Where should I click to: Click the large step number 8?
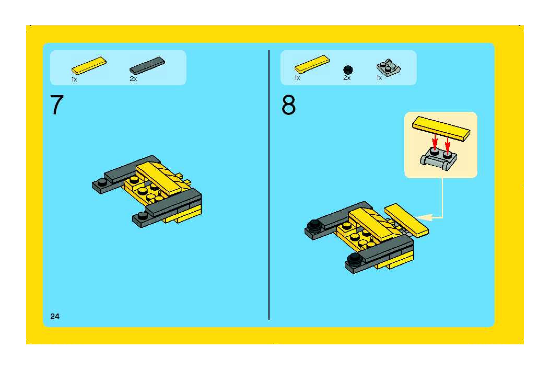click(x=289, y=105)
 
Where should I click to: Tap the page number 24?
click(x=55, y=316)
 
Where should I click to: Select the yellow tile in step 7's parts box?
click(x=89, y=66)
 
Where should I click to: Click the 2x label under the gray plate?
click(x=133, y=79)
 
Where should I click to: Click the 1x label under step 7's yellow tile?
click(x=74, y=79)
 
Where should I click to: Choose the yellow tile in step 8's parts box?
click(x=312, y=64)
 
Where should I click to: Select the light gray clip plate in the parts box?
click(x=388, y=67)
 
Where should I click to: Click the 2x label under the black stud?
click(x=347, y=78)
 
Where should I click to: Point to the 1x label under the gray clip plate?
click(x=379, y=78)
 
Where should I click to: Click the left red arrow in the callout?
click(x=435, y=142)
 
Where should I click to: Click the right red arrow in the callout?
click(x=448, y=145)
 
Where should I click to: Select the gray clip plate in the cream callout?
click(x=438, y=158)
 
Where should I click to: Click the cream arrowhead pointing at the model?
click(x=423, y=217)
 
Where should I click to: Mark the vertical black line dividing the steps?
click(x=269, y=185)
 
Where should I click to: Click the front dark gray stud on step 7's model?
click(x=143, y=216)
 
